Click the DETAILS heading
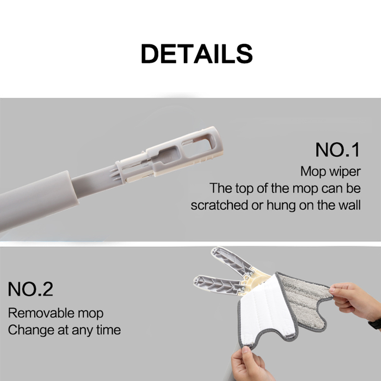197,54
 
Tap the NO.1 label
338,150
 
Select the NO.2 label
30,289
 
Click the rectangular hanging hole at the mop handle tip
197,145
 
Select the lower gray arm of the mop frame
219,284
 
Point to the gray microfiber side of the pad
305,301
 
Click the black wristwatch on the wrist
375,324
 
